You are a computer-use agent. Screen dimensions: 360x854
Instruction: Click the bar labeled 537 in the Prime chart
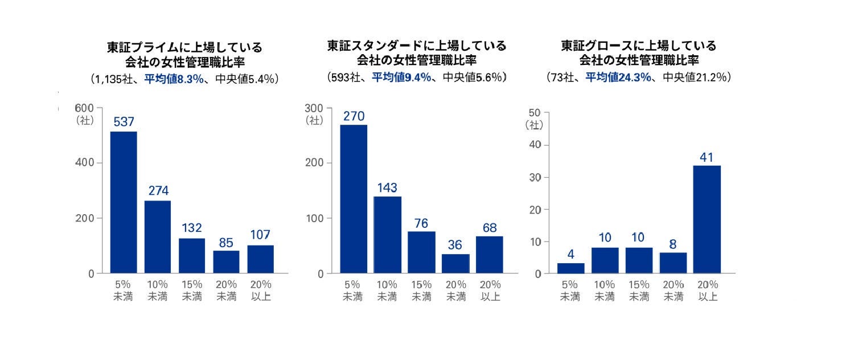tap(124, 202)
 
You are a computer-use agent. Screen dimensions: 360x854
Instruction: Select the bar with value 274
tap(158, 237)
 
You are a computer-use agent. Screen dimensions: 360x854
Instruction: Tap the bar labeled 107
tap(260, 259)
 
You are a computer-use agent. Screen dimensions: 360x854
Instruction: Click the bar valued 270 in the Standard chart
tap(354, 199)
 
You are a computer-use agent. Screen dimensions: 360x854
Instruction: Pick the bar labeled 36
tap(455, 264)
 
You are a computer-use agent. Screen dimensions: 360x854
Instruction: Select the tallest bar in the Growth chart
tap(707, 219)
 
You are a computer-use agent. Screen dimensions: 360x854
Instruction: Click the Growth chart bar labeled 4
tap(570, 268)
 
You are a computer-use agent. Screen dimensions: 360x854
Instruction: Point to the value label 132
tap(192, 228)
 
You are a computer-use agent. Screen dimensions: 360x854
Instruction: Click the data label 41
tap(707, 157)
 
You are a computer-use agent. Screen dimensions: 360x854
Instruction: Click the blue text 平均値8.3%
tap(174, 79)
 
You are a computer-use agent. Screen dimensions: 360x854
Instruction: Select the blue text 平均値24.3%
tap(618, 77)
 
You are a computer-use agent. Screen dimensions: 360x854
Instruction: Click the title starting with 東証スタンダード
tap(416, 46)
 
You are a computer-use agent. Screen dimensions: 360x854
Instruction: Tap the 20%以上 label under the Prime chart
tap(260, 290)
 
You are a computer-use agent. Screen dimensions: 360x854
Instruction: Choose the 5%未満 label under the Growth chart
tap(570, 291)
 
